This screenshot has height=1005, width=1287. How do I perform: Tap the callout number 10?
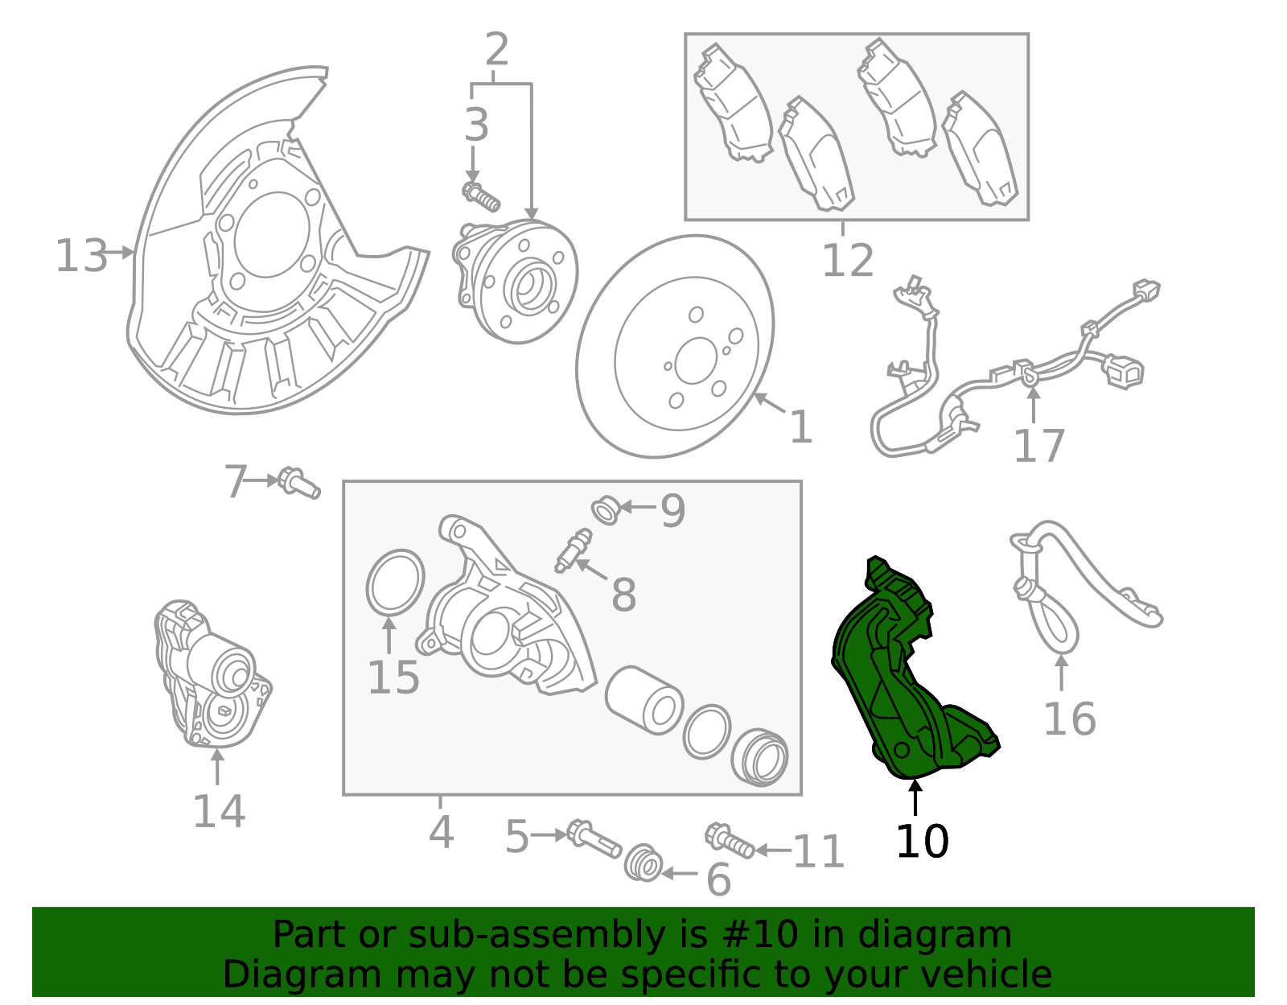coord(922,842)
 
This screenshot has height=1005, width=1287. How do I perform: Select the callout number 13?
coord(80,256)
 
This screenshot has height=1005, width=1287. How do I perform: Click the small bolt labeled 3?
coord(481,196)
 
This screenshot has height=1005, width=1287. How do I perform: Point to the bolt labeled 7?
coord(299,483)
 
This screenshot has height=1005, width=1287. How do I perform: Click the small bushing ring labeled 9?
coord(606,510)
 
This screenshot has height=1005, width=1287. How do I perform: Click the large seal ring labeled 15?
coord(395,582)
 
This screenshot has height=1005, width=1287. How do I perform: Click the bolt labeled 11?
coord(730,841)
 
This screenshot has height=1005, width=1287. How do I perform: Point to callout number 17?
coord(1038,446)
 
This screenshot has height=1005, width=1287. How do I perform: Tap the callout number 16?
coord(1069,719)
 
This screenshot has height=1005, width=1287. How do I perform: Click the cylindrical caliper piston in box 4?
coord(643,699)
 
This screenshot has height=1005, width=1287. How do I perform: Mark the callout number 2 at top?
coord(496,50)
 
